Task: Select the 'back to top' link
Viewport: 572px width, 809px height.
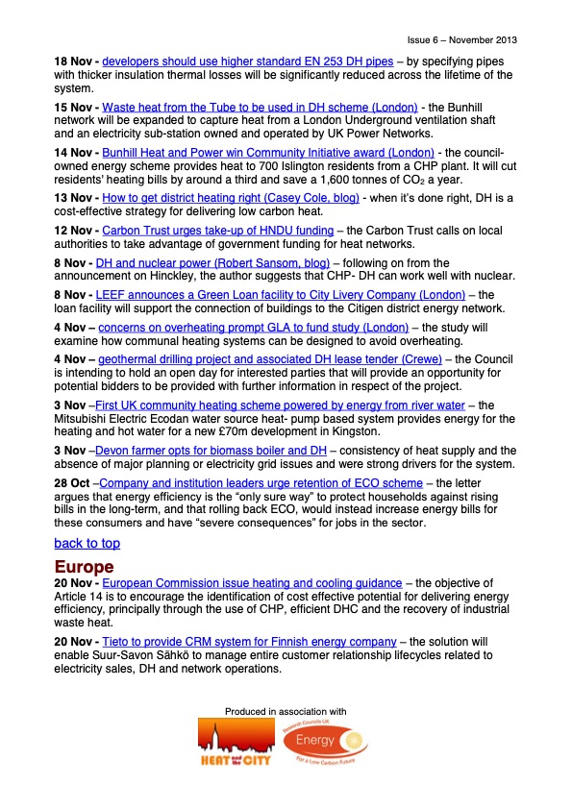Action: (x=87, y=544)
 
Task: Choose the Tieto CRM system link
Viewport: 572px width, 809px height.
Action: (x=249, y=642)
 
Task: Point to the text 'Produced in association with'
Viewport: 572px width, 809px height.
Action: (x=285, y=711)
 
